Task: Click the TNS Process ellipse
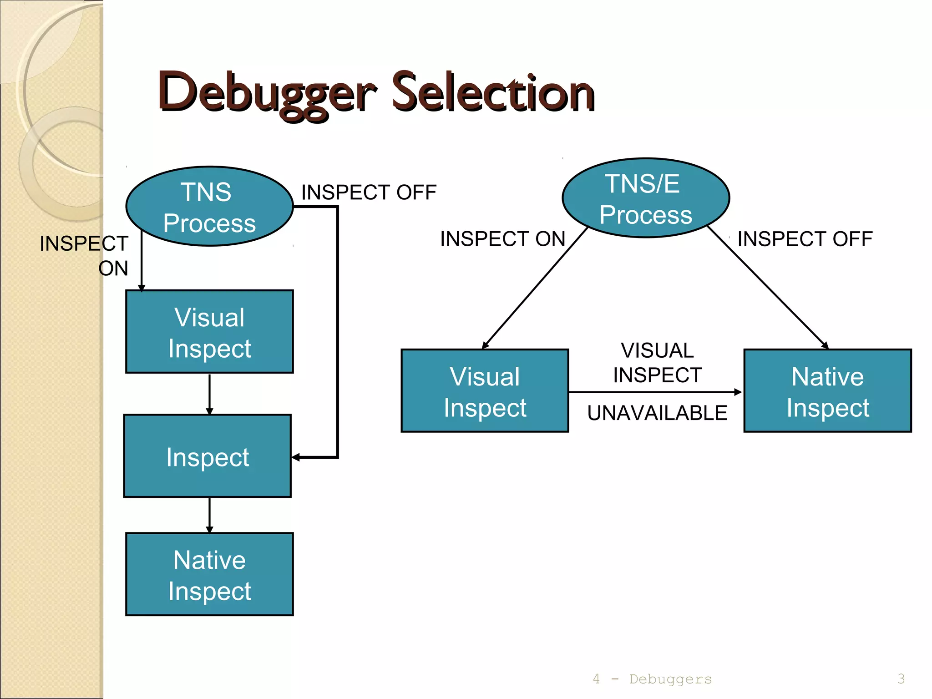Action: pyautogui.click(x=209, y=207)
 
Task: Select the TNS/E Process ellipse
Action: pyautogui.click(x=646, y=198)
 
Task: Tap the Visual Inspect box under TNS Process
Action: pyautogui.click(x=209, y=332)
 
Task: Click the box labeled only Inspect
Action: pyautogui.click(x=208, y=456)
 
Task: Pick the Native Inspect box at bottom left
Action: pyautogui.click(x=209, y=574)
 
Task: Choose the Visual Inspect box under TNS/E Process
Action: pyautogui.click(x=485, y=391)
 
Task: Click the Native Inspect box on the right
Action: pyautogui.click(x=827, y=391)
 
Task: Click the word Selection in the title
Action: pyautogui.click(x=493, y=93)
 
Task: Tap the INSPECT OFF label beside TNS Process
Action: pyautogui.click(x=369, y=192)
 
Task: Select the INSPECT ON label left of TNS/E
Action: pyautogui.click(x=502, y=239)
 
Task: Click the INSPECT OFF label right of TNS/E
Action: pyautogui.click(x=805, y=239)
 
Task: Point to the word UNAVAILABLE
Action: pyautogui.click(x=657, y=413)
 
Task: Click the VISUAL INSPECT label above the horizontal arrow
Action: pyautogui.click(x=657, y=363)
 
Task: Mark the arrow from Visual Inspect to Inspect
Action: pyautogui.click(x=209, y=394)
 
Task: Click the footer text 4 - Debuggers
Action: pyautogui.click(x=652, y=679)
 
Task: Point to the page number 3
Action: pyautogui.click(x=901, y=679)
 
